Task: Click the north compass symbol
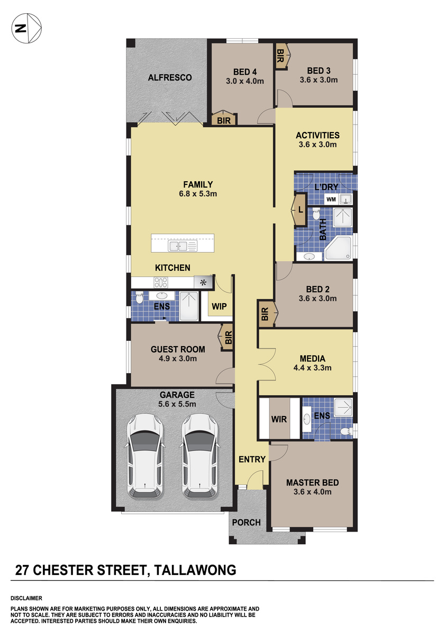[x=26, y=29]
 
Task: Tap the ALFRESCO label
[x=170, y=77]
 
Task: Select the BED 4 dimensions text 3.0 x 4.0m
[x=245, y=81]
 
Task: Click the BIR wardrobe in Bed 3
[x=282, y=56]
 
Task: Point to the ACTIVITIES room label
[x=317, y=136]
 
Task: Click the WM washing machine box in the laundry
[x=331, y=199]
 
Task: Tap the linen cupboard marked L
[x=300, y=210]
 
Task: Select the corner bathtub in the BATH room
[x=339, y=248]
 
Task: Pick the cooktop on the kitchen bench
[x=161, y=282]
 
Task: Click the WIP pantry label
[x=219, y=306]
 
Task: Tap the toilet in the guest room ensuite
[x=139, y=297]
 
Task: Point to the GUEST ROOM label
[x=178, y=349]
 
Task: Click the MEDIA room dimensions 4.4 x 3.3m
[x=312, y=368]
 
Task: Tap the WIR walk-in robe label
[x=279, y=419]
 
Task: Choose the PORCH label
[x=246, y=523]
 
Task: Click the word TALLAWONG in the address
[x=195, y=570]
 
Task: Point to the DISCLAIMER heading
[x=26, y=598]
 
